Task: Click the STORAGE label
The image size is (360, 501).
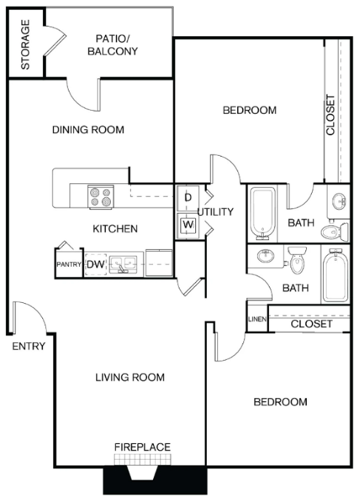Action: pos(25,44)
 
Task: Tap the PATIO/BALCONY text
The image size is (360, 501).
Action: pos(112,45)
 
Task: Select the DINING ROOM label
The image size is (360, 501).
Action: pos(88,130)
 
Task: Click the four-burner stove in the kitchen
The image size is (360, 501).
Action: pos(100,196)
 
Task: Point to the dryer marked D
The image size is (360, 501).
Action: pos(187,197)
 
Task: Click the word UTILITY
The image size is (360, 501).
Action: pos(217,211)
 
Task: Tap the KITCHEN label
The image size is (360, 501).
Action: pos(114,228)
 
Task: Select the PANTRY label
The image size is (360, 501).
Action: pos(68,264)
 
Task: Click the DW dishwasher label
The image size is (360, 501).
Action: pos(94,264)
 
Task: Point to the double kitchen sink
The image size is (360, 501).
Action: pos(124,264)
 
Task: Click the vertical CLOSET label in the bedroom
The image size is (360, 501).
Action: pos(331,115)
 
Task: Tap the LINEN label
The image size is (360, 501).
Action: pos(256,320)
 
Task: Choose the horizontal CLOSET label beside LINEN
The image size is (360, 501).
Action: pos(311,324)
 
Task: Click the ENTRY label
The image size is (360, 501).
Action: pos(28,346)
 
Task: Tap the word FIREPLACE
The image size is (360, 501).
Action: pos(142,447)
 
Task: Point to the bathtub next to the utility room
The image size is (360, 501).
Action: pos(262,211)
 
